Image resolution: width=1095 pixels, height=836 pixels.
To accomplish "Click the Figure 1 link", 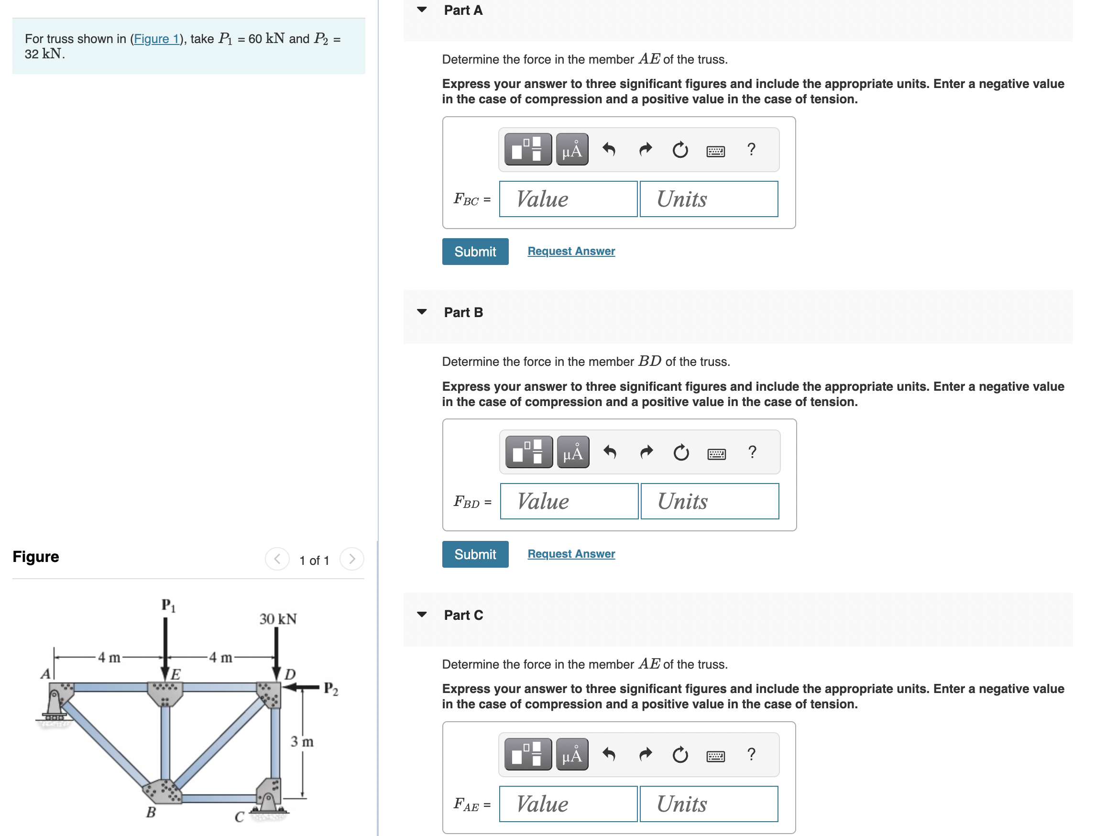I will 156,39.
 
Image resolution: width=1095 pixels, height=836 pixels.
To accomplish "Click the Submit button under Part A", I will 475,251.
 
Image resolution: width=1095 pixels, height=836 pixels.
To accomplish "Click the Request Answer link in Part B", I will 570,553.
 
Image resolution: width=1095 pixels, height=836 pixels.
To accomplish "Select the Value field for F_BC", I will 568,199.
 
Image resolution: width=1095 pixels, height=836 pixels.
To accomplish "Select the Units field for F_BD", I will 709,501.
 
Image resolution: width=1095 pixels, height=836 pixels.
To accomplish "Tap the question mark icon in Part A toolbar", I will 751,149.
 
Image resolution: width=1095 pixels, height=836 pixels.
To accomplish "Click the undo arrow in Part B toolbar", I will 610,452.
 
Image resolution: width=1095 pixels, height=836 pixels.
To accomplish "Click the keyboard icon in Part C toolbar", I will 715,756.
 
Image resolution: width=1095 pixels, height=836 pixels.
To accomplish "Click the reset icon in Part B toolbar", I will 680,452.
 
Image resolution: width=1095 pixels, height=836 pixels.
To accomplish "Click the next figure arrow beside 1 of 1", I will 352,559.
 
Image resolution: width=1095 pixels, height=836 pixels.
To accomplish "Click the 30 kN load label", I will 278,618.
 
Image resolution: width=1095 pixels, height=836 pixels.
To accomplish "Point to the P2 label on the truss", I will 331,689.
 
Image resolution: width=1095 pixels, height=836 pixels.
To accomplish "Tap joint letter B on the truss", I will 151,812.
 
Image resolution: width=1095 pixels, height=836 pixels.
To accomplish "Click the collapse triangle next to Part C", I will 422,615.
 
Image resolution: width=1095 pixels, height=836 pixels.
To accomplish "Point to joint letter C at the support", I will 239,817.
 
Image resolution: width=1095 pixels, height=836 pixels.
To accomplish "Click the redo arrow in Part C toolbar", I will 645,754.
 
